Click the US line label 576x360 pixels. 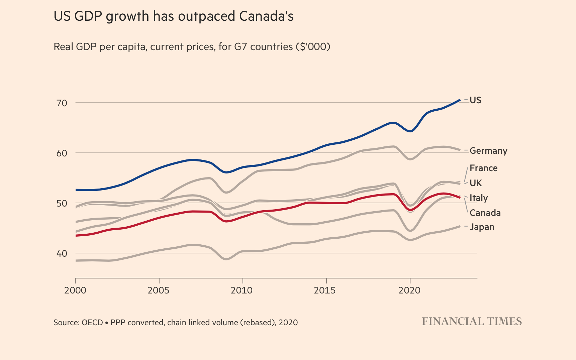pos(475,100)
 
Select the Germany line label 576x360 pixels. pos(488,151)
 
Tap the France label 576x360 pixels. pos(483,168)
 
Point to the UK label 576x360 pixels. pos(476,183)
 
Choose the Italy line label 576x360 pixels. pos(479,198)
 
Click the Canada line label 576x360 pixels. pos(485,213)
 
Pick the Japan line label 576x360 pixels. pos(482,227)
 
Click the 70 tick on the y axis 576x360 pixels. pos(62,103)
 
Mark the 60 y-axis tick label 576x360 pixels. pos(62,153)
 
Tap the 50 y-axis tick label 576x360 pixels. pos(62,203)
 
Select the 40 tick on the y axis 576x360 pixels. pos(62,253)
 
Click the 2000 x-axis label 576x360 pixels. pos(75,290)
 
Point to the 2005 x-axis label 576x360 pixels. pos(159,290)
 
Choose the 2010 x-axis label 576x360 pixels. pos(242,290)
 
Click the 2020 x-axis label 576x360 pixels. pos(409,290)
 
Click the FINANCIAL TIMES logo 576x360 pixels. pos(472,322)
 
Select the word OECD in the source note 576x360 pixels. pos(92,323)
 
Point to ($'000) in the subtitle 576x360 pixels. pos(313,46)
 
